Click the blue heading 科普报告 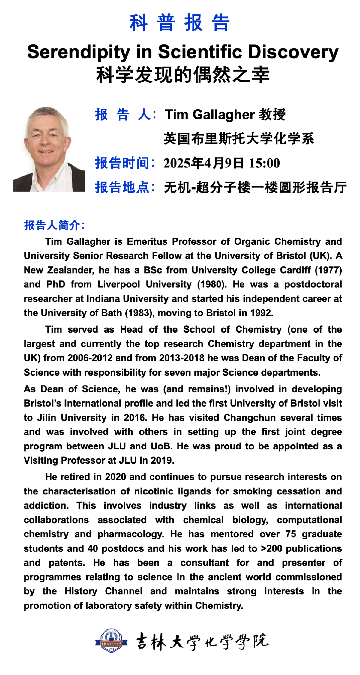tap(180, 23)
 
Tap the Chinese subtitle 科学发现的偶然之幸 tap(183, 75)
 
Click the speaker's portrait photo tap(49, 149)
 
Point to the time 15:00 tap(264, 163)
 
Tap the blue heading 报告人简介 tap(54, 225)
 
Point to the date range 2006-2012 tap(90, 358)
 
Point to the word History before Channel tap(81, 591)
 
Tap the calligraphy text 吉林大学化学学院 tap(202, 641)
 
